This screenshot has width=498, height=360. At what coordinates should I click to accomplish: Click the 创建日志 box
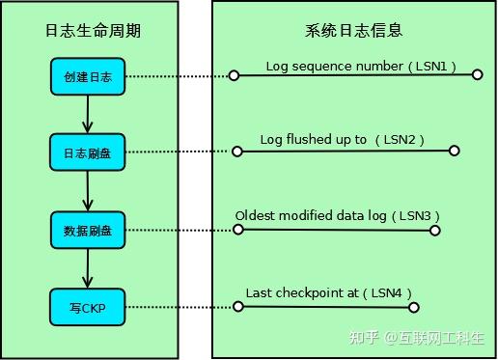click(88, 76)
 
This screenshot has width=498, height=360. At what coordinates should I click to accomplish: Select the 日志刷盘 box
click(88, 152)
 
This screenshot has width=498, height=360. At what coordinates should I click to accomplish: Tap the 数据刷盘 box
click(88, 230)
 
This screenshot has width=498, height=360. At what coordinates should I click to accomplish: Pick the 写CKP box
click(88, 307)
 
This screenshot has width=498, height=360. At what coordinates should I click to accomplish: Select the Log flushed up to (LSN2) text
click(343, 141)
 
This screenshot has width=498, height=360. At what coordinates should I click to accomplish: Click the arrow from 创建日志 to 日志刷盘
click(88, 115)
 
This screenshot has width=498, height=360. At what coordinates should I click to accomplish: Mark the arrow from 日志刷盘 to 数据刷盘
click(88, 192)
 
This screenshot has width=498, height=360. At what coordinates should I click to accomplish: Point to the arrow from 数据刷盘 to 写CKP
click(88, 269)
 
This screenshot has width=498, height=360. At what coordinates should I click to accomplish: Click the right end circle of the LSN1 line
click(477, 74)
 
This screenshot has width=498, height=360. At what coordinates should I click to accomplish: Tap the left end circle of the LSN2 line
click(236, 152)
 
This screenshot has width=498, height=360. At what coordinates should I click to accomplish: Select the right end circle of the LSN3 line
click(434, 231)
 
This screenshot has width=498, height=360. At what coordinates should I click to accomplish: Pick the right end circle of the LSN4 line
click(413, 308)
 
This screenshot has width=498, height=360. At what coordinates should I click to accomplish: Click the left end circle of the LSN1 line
click(233, 75)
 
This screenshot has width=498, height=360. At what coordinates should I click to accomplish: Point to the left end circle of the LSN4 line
click(235, 307)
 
